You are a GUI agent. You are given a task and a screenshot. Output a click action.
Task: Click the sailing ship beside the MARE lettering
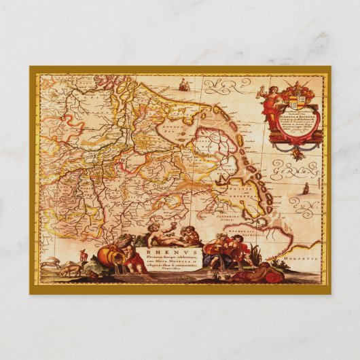[184, 85]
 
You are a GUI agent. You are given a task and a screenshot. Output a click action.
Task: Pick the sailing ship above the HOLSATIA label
[304, 189]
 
